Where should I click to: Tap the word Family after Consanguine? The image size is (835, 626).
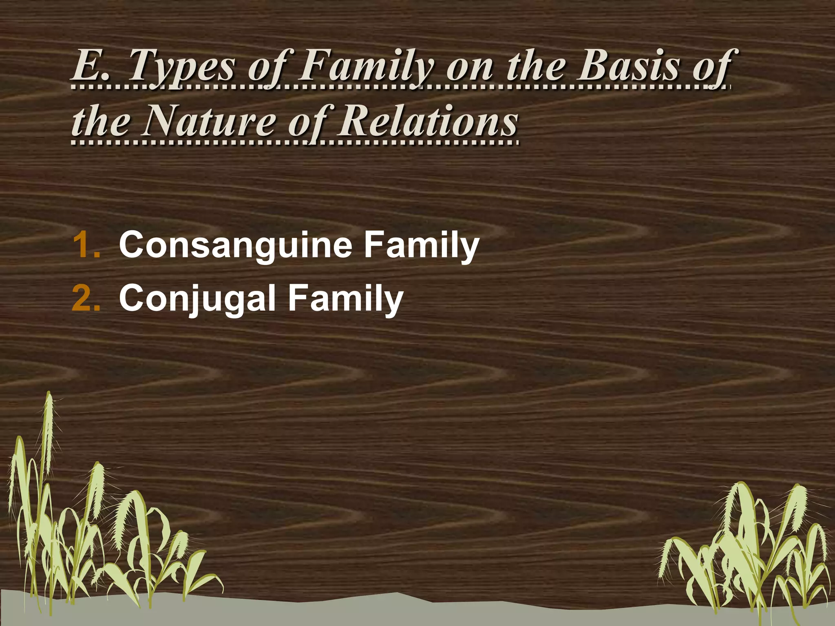pos(422,245)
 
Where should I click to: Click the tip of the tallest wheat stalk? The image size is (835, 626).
pos(49,393)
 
